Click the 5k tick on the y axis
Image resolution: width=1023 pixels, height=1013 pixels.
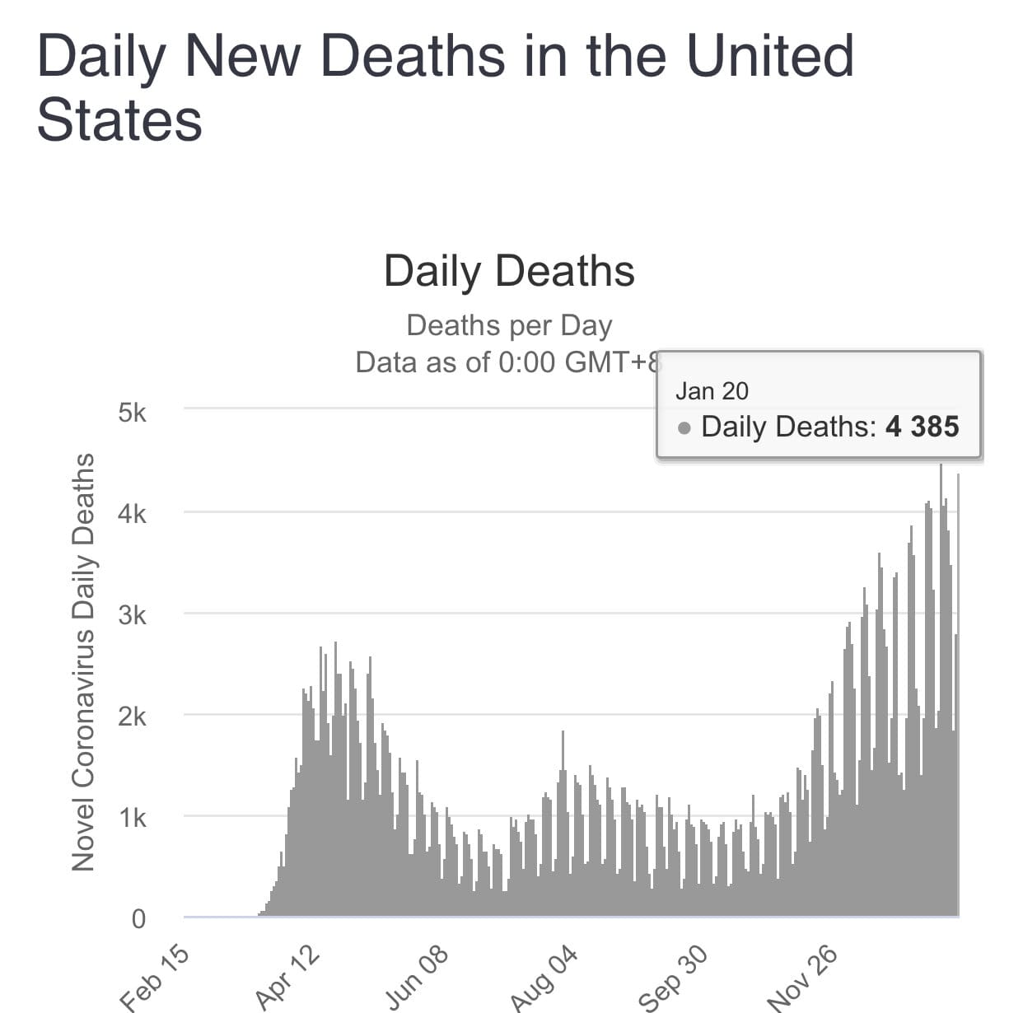tap(132, 412)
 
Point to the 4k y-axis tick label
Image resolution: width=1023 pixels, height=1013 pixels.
tap(132, 514)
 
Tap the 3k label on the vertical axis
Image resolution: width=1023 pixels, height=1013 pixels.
tap(132, 615)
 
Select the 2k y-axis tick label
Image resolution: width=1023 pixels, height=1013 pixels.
tap(132, 717)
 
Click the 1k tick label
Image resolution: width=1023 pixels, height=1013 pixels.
tap(132, 818)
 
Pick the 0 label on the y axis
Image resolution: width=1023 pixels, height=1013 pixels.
tap(138, 919)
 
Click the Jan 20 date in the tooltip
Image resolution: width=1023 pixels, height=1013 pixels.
tap(712, 391)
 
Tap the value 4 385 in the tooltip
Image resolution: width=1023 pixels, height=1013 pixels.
tap(923, 427)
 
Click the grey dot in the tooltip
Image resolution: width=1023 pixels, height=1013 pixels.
tap(684, 428)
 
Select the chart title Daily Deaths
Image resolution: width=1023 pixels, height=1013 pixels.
tap(509, 271)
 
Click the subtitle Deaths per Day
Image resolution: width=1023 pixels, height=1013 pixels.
tap(509, 325)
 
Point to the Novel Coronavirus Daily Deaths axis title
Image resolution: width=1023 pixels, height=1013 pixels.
tap(82, 661)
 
